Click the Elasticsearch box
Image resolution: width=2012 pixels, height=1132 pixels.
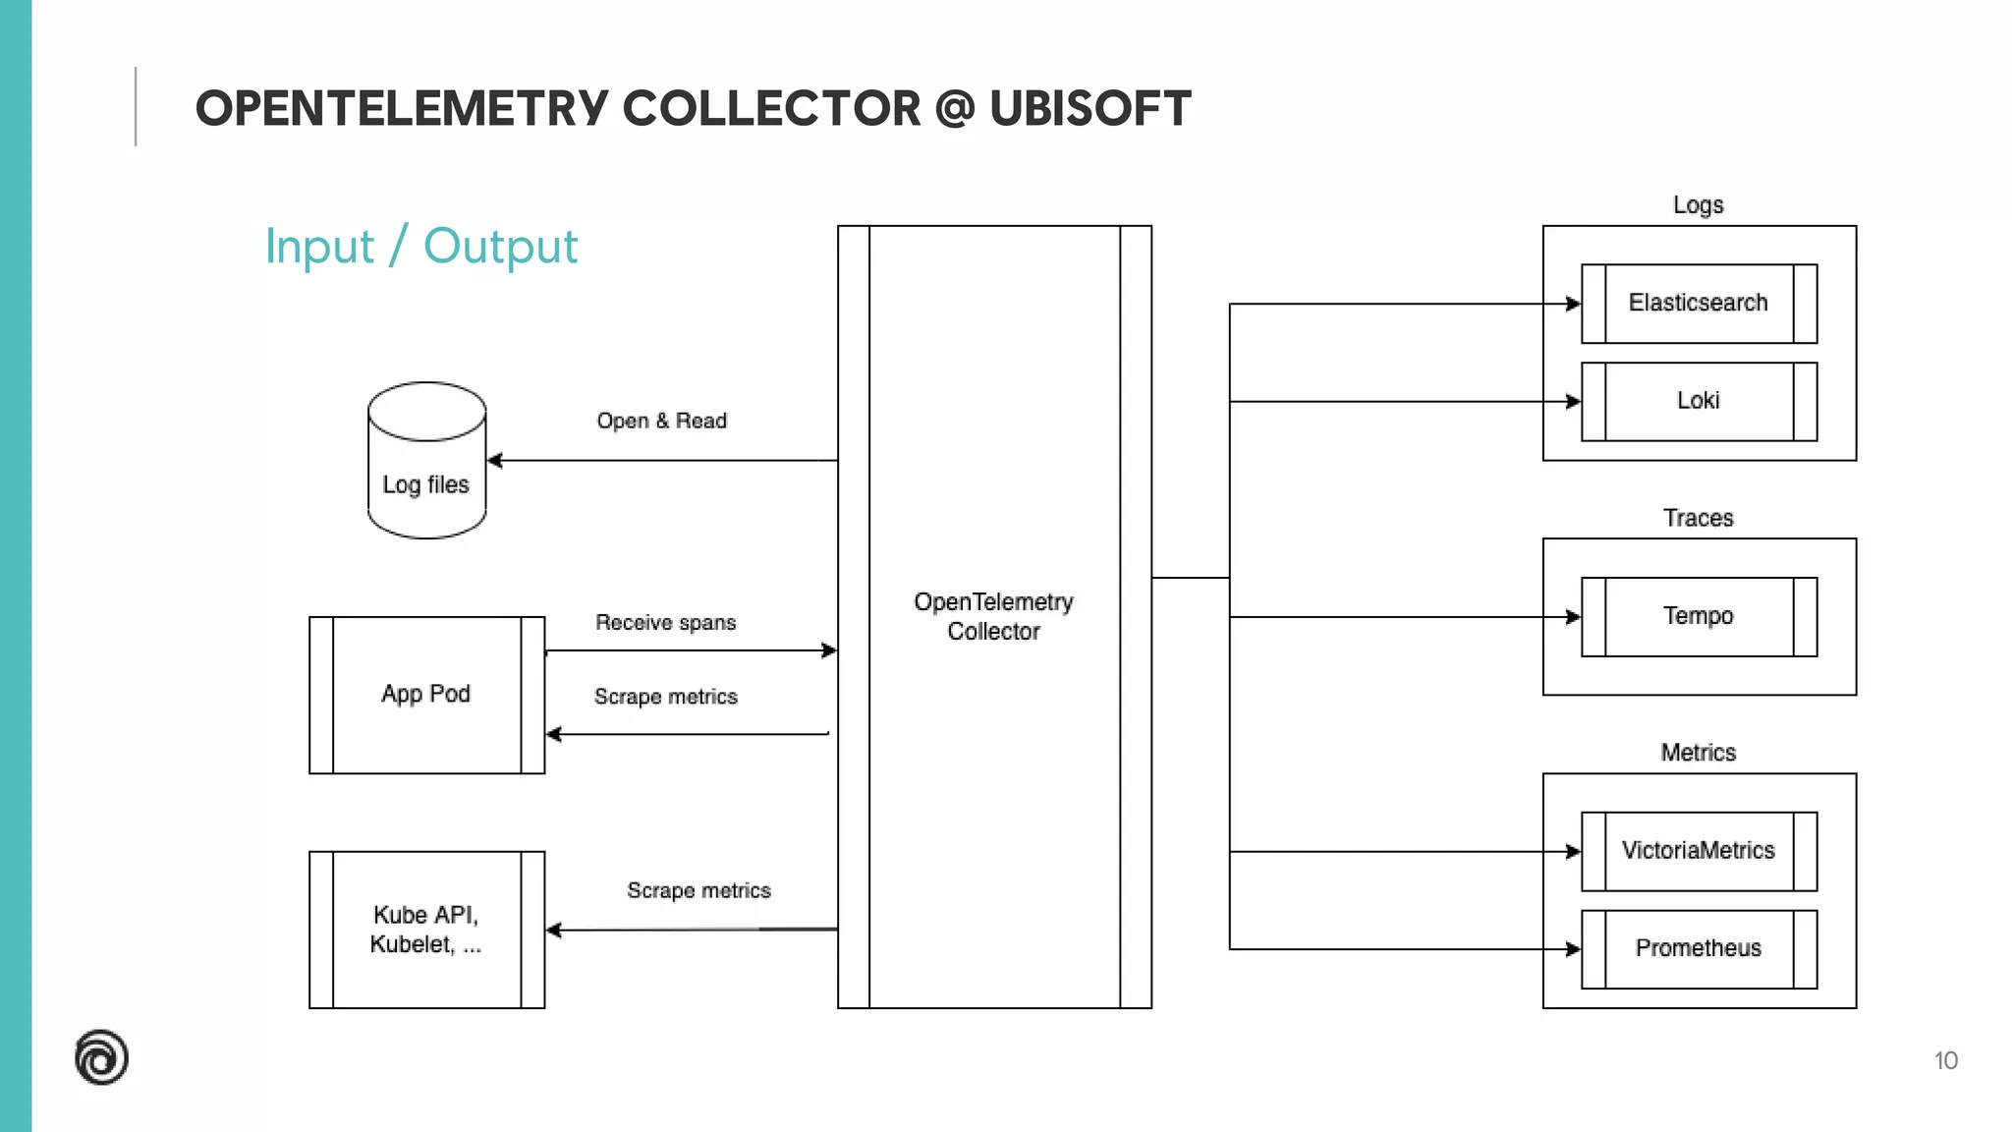1699,304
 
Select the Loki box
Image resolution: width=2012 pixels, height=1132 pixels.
1699,401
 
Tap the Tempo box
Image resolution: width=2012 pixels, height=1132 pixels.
1699,616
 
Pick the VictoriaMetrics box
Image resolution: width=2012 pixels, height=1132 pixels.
1699,851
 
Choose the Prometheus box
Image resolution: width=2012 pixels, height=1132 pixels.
1699,948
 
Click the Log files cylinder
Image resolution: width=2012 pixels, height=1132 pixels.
426,462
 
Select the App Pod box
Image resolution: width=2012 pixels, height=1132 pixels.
426,695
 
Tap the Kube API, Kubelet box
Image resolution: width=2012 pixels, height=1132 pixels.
426,930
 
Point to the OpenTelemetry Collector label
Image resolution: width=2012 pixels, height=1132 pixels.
993,616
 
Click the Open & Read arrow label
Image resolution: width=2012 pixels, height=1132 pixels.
661,421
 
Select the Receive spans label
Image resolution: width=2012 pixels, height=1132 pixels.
665,622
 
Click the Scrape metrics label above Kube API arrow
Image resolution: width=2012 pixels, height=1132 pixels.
699,890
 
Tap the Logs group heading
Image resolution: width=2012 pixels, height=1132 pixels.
1698,205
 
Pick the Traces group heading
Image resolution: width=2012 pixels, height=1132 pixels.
1698,518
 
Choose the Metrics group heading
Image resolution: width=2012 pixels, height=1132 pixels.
1698,753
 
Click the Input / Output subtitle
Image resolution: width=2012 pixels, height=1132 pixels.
421,246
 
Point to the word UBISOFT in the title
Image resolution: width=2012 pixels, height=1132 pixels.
1090,108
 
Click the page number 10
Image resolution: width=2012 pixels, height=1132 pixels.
1945,1060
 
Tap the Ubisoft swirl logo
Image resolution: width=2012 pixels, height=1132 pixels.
101,1057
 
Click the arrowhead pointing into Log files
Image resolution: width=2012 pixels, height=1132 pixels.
495,460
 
